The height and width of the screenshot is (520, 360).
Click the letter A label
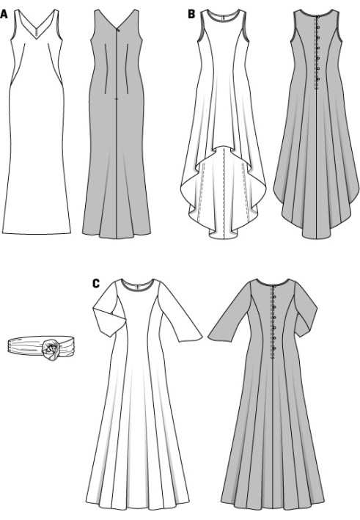pos(4,14)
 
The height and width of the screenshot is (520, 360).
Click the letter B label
pos(191,14)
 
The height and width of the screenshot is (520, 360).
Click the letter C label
pos(96,284)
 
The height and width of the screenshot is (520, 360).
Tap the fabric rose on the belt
pos(51,348)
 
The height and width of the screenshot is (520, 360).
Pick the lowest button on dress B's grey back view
pos(318,79)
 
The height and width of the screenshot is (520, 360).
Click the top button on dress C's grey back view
pos(274,286)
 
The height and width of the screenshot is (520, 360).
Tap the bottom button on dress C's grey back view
pos(274,348)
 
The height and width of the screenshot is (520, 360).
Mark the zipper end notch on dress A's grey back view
pos(116,99)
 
